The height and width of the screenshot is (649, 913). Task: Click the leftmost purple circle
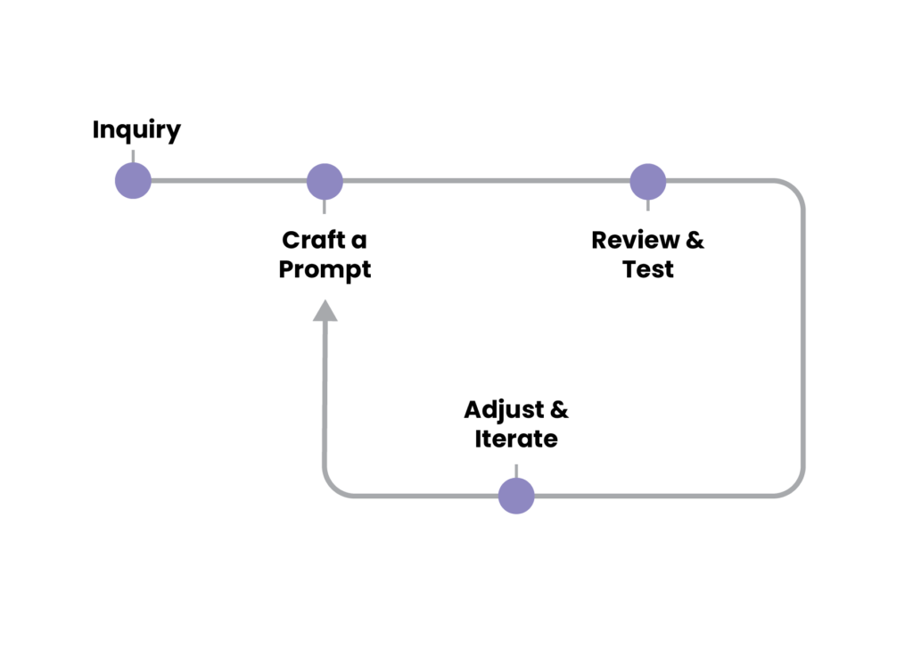click(x=133, y=181)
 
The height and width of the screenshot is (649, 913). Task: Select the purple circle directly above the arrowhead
click(x=325, y=181)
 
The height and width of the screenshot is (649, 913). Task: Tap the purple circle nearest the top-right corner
click(x=648, y=181)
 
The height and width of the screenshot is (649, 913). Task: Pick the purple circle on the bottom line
click(x=516, y=496)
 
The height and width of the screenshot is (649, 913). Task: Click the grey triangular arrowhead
click(x=325, y=311)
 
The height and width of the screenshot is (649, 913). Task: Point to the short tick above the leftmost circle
click(x=133, y=155)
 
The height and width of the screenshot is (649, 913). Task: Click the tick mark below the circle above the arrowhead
click(x=325, y=208)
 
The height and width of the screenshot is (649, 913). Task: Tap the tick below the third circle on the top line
click(x=648, y=206)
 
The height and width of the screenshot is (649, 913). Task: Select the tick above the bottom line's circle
click(x=516, y=470)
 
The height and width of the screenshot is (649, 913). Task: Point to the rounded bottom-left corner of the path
click(x=332, y=487)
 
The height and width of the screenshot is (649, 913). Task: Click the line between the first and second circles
click(x=228, y=181)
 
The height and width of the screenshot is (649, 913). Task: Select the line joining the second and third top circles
click(x=486, y=181)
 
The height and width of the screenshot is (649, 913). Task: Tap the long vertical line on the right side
click(x=804, y=339)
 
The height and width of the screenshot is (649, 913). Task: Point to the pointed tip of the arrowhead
click(x=325, y=300)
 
